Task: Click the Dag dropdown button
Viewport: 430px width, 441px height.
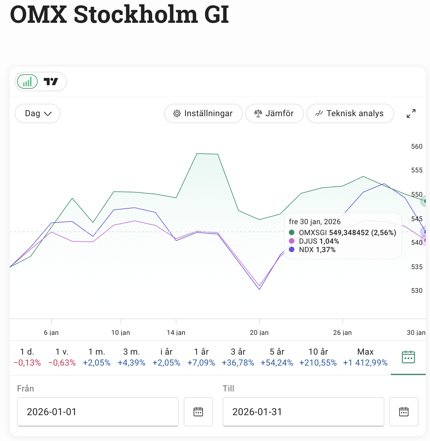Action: (37, 113)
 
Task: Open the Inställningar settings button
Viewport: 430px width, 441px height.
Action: (203, 113)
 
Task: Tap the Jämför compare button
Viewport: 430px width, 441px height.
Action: (274, 113)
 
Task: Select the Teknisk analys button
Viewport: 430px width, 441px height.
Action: (350, 113)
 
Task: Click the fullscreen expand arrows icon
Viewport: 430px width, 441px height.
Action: (411, 113)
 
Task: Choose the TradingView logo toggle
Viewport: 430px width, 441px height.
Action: (51, 82)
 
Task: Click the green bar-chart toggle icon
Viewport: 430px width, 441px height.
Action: (27, 82)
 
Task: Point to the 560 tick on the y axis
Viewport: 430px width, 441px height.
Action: (417, 147)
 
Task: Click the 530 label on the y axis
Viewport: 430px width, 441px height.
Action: (417, 291)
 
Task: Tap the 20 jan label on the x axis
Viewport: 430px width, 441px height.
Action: (259, 332)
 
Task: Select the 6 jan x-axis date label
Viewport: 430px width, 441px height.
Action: (51, 332)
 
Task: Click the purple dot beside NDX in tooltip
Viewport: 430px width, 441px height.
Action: (292, 250)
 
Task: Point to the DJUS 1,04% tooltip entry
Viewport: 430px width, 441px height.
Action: (319, 241)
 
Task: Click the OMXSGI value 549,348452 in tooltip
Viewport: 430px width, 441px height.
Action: (349, 233)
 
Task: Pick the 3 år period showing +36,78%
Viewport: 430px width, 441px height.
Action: (238, 357)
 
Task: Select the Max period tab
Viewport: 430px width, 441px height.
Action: (365, 357)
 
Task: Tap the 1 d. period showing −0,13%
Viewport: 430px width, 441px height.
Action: (27, 357)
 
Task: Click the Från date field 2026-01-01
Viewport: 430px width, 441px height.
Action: (98, 412)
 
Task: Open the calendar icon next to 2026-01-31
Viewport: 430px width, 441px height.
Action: (404, 412)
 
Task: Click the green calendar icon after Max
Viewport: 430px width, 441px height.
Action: (408, 357)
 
